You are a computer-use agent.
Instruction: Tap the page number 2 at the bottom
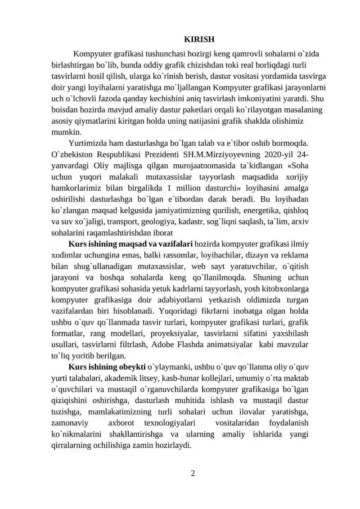pyautogui.click(x=193, y=473)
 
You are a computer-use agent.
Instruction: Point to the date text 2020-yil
pyautogui.click(x=282, y=154)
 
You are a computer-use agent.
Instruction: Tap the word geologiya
pyautogui.click(x=161, y=221)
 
